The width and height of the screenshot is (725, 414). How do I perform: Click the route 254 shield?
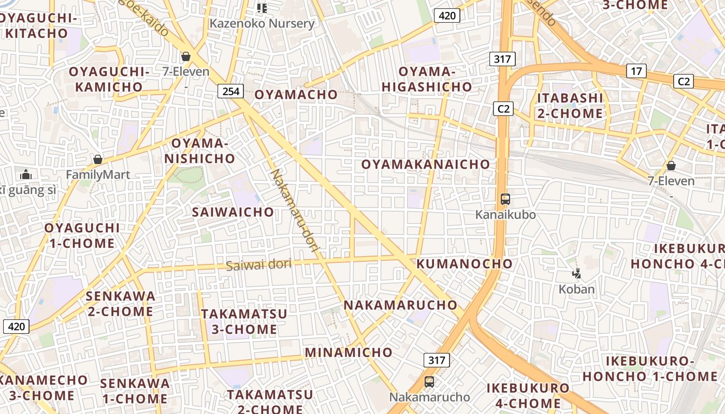[230, 92]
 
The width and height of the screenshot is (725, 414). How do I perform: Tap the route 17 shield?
[636, 71]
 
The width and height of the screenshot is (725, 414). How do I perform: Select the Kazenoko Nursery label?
[262, 23]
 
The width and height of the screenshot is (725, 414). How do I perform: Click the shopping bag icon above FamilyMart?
[98, 159]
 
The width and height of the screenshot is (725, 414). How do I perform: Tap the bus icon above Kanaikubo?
[505, 199]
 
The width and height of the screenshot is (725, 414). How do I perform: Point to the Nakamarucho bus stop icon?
[429, 382]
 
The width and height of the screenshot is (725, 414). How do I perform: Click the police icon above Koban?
[576, 273]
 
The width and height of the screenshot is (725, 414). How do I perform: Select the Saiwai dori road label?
[258, 265]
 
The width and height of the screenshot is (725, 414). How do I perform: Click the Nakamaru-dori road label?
[296, 210]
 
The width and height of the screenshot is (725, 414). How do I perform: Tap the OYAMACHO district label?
[296, 95]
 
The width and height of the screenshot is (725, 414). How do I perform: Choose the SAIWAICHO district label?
[233, 212]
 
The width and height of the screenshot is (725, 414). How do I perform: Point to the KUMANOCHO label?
[465, 263]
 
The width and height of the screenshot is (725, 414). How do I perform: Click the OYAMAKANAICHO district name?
[425, 165]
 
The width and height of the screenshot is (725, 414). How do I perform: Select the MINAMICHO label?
[349, 352]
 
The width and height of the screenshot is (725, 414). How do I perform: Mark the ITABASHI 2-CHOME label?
[570, 106]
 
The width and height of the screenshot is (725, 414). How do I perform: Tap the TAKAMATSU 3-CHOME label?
[244, 321]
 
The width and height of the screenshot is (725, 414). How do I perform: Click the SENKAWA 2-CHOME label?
[120, 304]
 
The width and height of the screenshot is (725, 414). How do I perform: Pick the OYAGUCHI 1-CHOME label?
[82, 235]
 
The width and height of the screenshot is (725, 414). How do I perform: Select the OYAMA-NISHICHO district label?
[200, 151]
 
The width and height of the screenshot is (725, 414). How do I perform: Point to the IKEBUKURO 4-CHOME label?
[528, 395]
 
